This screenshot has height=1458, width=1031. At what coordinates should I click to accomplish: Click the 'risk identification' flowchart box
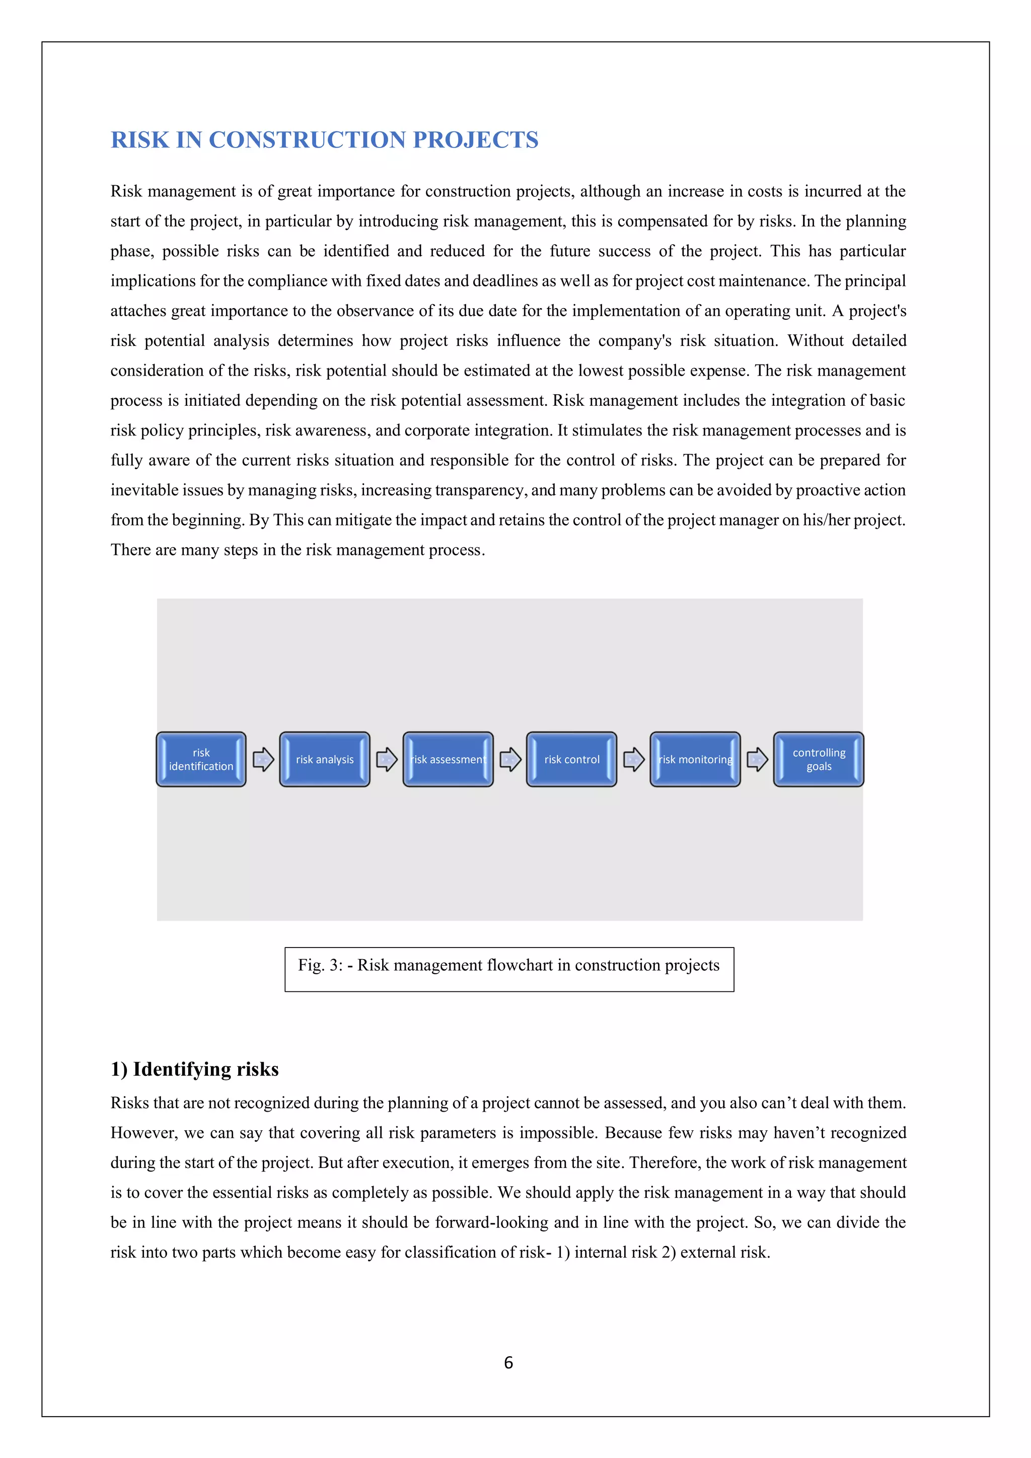[x=201, y=760]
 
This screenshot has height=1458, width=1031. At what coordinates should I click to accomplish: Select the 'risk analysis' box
[x=324, y=760]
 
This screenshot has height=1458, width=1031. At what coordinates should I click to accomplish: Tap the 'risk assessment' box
[x=448, y=760]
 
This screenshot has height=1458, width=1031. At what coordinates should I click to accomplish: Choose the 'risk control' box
[x=571, y=760]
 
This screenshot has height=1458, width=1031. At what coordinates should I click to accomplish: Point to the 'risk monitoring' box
[x=695, y=760]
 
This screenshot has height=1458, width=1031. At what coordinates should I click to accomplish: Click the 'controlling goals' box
[x=819, y=760]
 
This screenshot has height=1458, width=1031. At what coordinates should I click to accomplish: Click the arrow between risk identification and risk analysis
[x=263, y=760]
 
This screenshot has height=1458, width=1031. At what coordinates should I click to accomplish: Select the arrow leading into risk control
[x=510, y=760]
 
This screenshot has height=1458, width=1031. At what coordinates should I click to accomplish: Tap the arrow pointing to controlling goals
[x=757, y=760]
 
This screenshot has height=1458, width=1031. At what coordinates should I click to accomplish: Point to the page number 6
[x=508, y=1363]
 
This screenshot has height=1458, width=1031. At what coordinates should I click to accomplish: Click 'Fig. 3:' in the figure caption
[x=320, y=965]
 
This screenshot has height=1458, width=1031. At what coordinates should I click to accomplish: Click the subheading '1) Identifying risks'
[x=194, y=1069]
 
